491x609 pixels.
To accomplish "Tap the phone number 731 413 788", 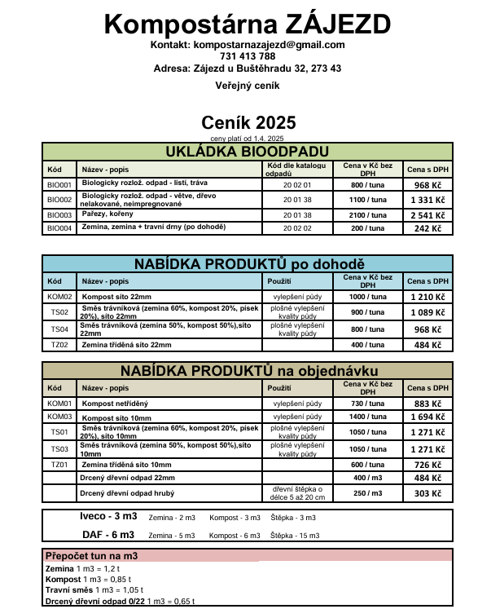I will pos(248,57).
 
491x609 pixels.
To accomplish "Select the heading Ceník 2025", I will pos(248,123).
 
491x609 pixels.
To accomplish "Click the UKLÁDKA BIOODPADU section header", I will pos(247,152).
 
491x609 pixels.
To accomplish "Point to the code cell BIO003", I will pos(59,215).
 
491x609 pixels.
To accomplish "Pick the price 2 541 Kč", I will pos(427,215).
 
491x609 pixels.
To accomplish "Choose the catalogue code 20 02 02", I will pos(297,228).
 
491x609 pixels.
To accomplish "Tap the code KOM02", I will pos(59,297).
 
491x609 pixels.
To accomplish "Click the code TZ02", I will pos(59,345).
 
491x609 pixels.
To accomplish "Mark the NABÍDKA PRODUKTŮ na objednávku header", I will pos(247,371).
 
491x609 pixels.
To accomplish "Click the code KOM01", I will pos(59,403).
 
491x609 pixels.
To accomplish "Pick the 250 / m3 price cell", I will pos(367,493).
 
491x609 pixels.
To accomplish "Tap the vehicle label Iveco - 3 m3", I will pos(108,517).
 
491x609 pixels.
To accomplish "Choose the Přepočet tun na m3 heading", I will pos(91,556).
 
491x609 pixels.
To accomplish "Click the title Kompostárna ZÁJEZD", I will pos(248,23).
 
